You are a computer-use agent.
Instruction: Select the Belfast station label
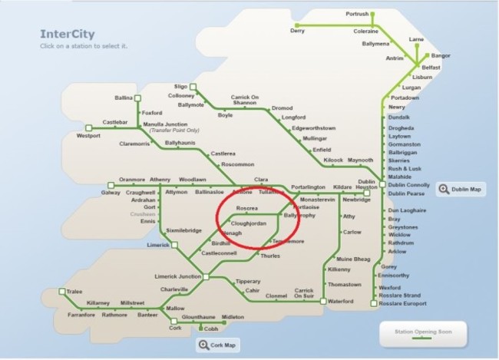pyautogui.click(x=431, y=68)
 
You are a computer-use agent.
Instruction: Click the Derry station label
pyautogui.click(x=297, y=31)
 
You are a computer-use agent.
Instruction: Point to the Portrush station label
pyautogui.click(x=358, y=14)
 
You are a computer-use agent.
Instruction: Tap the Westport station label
pyautogui.click(x=88, y=136)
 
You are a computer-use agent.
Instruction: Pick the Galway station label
pyautogui.click(x=111, y=193)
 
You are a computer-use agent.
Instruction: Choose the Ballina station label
pyautogui.click(x=124, y=98)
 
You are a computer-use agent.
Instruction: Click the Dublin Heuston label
pyautogui.click(x=367, y=186)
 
